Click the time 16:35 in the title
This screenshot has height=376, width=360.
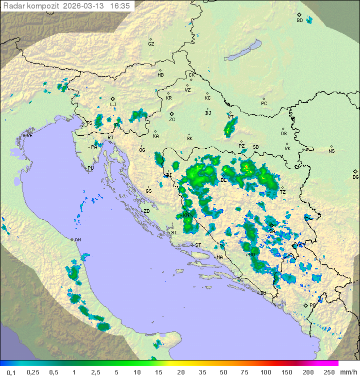pos(120,6)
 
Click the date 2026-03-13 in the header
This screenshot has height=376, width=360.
pos(87,6)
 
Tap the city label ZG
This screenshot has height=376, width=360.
pos(172,120)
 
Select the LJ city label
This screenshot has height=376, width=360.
pos(113,105)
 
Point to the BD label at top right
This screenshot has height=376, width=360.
pos(299,21)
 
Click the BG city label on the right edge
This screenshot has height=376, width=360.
pos(355,177)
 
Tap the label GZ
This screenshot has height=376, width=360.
pos(151,44)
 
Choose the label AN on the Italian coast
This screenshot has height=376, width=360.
pos(77,240)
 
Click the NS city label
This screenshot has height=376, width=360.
pos(331,151)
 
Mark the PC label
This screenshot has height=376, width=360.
pos(264,104)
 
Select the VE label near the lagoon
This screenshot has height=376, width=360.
pos(29,136)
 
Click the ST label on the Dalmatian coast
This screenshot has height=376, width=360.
pos(198,245)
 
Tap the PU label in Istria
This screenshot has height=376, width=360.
pos(90,169)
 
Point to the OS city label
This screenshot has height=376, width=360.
pos(283,134)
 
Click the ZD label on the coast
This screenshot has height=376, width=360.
pos(146,211)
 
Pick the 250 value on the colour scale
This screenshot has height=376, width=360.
pos(329,372)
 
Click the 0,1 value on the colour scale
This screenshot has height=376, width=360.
pos(11,372)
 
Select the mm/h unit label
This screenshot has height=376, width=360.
pos(348,372)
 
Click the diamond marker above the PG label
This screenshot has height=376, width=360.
pos(306,304)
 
